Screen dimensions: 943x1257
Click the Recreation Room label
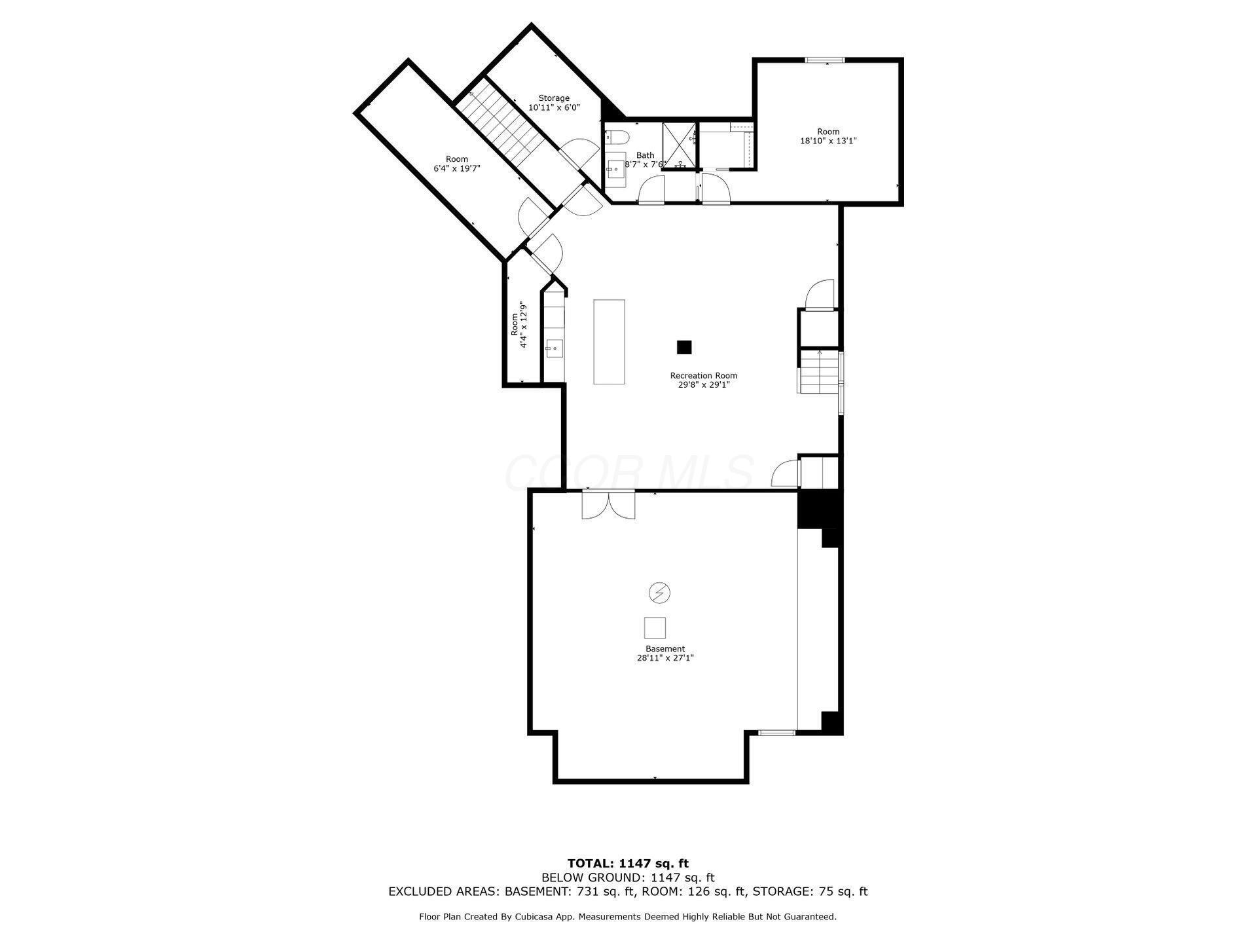[703, 375]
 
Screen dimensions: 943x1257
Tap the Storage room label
[554, 98]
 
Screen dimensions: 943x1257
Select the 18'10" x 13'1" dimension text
[828, 141]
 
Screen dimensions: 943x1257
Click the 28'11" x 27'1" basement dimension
[665, 658]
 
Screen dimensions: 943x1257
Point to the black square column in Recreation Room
[684, 347]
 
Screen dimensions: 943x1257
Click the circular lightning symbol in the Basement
[659, 593]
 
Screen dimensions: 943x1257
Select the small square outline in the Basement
[655, 628]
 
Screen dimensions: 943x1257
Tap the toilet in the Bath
[617, 138]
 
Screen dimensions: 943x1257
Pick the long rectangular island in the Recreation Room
[609, 341]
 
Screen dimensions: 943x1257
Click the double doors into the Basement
[608, 505]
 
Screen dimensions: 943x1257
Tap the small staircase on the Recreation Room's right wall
[818, 372]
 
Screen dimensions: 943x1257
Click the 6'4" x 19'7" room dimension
[457, 168]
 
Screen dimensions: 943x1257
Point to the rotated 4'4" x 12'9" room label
[519, 324]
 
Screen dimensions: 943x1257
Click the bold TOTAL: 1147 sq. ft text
[628, 864]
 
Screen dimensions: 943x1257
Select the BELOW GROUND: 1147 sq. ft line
[628, 878]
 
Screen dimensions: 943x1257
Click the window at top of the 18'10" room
[825, 60]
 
